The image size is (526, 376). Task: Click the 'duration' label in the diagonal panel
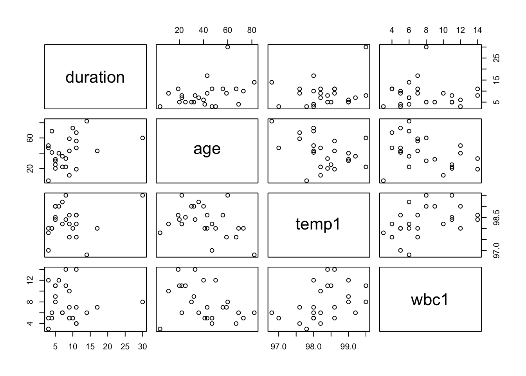pyautogui.click(x=95, y=77)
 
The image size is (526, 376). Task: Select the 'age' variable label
pyautogui.click(x=207, y=149)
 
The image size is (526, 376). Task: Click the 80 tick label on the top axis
pyautogui.click(x=252, y=30)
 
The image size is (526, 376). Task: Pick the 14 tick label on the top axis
pyautogui.click(x=477, y=30)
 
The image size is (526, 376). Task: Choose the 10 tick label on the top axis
pyautogui.click(x=443, y=30)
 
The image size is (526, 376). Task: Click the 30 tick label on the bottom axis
pyautogui.click(x=142, y=347)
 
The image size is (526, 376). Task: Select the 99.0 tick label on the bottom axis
pyautogui.click(x=348, y=347)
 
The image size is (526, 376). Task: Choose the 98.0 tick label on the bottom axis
pyautogui.click(x=313, y=347)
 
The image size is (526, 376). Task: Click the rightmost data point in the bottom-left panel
pyautogui.click(x=142, y=302)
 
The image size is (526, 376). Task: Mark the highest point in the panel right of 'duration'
pyautogui.click(x=227, y=47)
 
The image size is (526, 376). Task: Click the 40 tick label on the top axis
pyautogui.click(x=204, y=30)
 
